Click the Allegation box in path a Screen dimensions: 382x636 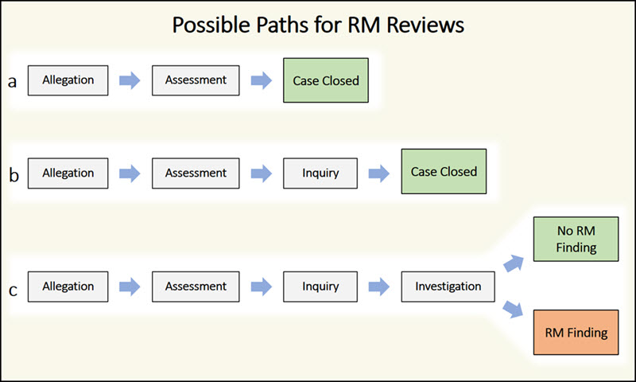69,80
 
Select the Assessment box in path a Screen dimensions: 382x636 196,80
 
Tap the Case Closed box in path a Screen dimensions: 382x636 326,80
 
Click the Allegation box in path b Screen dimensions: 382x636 69,173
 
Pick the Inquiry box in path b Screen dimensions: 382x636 321,173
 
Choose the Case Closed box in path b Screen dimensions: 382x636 444,172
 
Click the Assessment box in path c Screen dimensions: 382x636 196,286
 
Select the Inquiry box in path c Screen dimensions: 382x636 321,286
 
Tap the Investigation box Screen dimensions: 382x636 448,286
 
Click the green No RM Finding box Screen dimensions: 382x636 576,239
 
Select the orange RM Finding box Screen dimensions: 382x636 576,333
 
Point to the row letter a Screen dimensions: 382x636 13,81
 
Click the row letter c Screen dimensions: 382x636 13,289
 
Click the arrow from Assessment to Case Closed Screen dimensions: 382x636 260,80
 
